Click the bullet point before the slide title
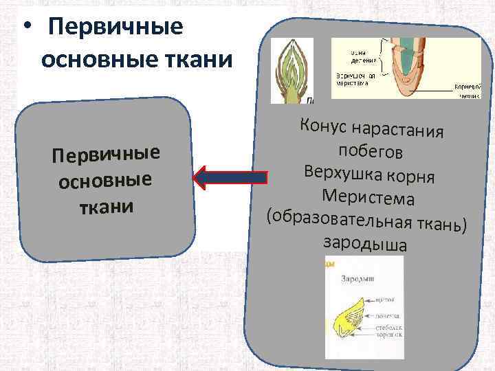(25, 30)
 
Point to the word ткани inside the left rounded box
(104, 206)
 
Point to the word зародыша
(364, 243)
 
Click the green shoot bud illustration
(291, 70)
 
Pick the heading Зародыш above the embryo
(356, 280)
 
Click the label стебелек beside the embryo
(387, 328)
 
